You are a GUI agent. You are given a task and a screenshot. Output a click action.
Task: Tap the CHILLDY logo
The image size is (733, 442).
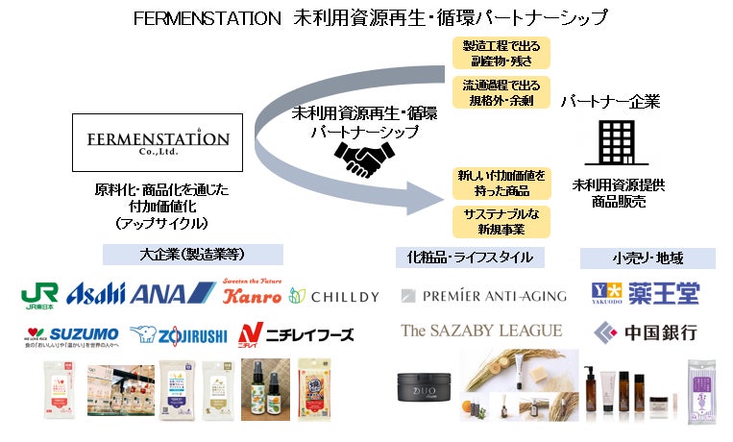point(335,296)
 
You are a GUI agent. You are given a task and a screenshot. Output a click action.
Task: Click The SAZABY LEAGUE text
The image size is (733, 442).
point(481,331)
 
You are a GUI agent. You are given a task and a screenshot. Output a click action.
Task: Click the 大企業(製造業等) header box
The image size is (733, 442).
point(192,255)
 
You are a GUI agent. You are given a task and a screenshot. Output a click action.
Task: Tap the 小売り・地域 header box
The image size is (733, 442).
point(647,258)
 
